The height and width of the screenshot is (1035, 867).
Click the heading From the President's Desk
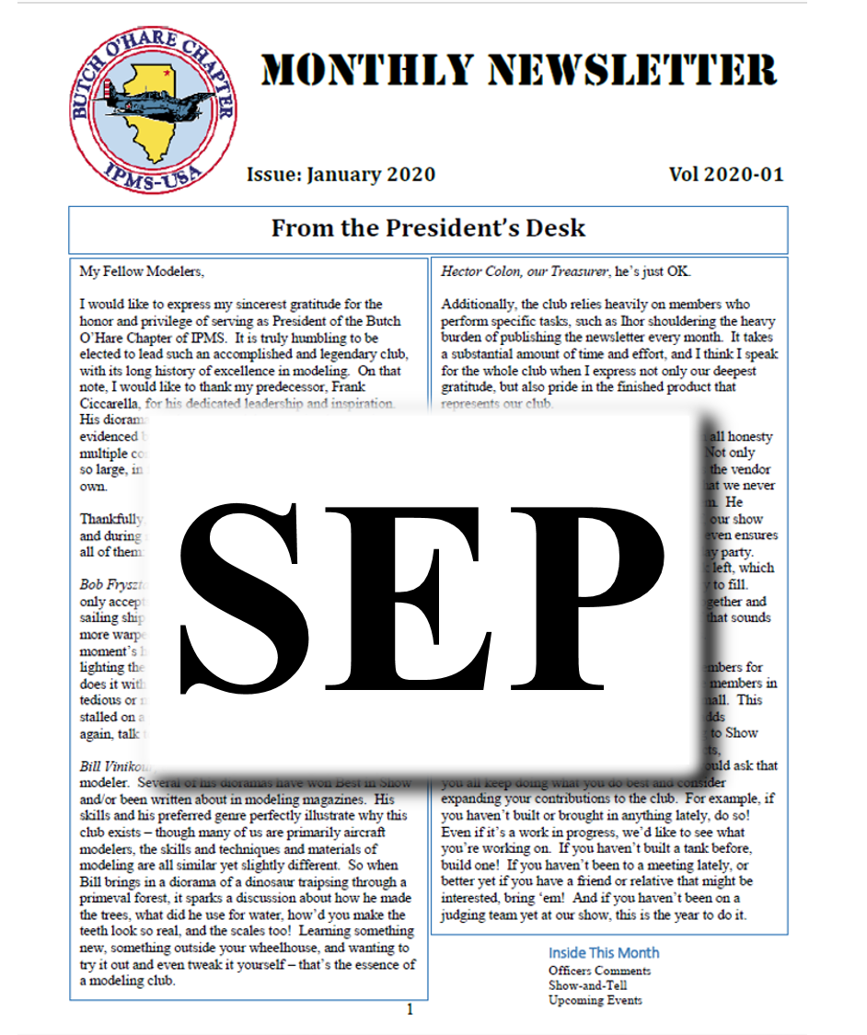click(428, 228)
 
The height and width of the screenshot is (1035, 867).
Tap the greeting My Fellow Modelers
click(142, 271)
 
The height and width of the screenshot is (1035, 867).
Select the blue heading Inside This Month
click(604, 953)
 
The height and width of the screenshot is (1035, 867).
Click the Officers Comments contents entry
click(599, 971)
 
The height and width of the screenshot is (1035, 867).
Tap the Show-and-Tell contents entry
click(589, 985)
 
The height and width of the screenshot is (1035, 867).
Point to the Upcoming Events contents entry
click(595, 1000)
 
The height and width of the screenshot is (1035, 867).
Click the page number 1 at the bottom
click(410, 1010)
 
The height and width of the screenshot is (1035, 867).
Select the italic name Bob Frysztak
click(111, 585)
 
